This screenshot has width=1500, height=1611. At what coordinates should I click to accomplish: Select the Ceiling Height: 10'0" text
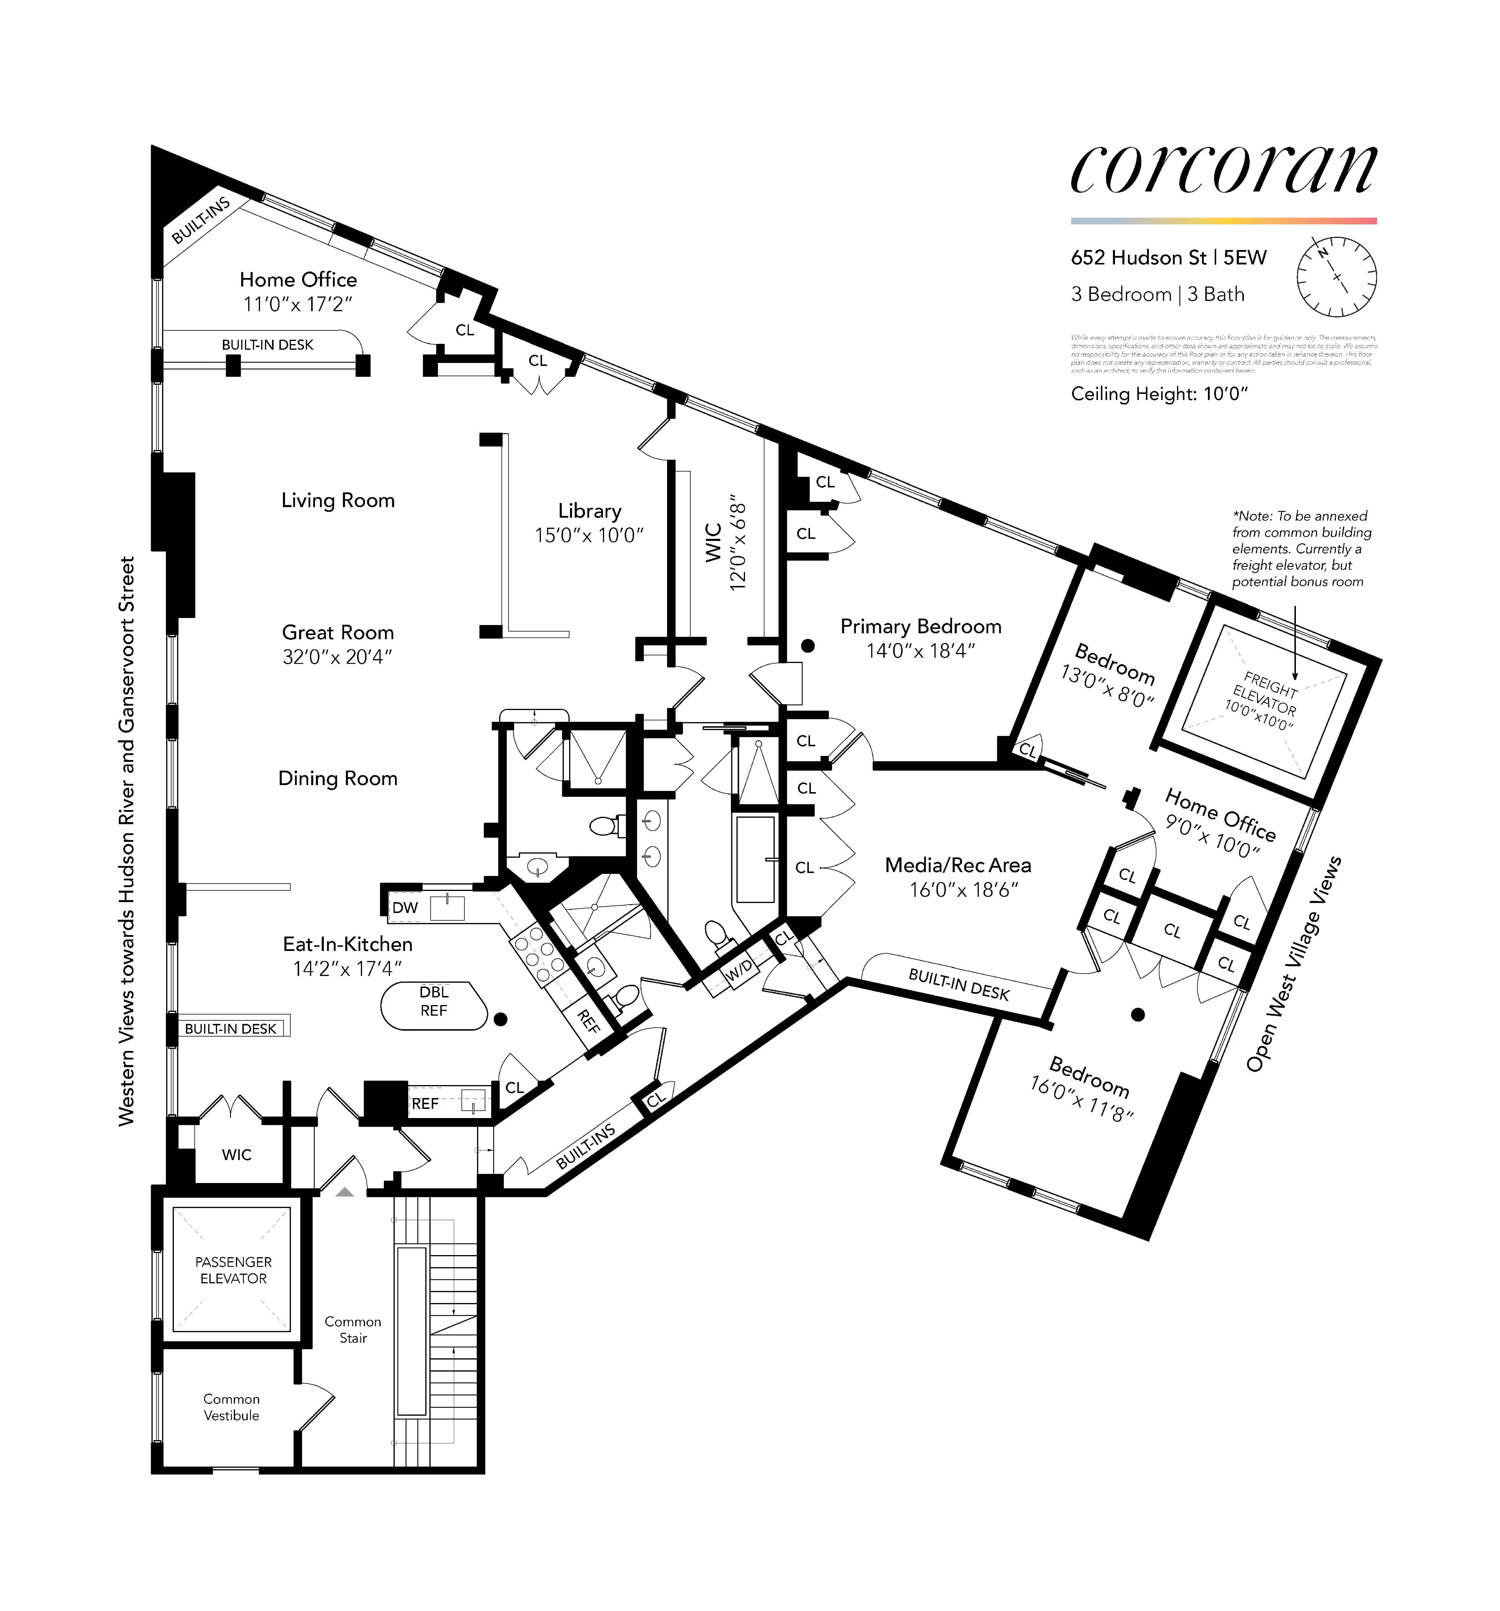click(x=1159, y=394)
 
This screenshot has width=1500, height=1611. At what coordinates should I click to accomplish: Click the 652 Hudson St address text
click(x=1139, y=258)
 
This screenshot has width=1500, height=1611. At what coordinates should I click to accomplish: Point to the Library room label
click(x=589, y=511)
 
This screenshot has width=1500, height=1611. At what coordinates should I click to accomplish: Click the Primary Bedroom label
click(x=921, y=627)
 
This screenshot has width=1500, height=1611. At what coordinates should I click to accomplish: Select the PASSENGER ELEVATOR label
click(x=234, y=1270)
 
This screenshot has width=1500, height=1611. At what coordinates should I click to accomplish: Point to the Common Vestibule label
click(x=232, y=1407)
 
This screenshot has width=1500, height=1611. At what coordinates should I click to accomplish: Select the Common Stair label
click(x=353, y=1330)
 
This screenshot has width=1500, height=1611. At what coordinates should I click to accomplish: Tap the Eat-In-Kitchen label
click(x=348, y=944)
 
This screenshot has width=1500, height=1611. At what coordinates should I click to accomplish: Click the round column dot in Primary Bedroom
click(x=807, y=646)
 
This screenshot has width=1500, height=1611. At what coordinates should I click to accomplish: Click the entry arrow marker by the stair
click(x=344, y=1192)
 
